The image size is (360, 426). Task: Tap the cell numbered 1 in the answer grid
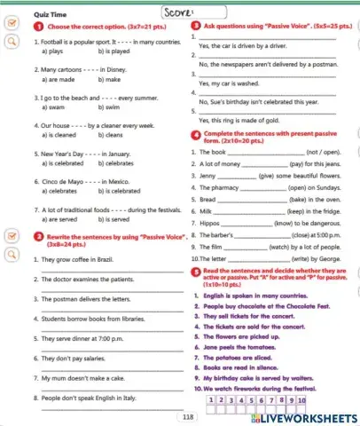(x=209, y=401)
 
